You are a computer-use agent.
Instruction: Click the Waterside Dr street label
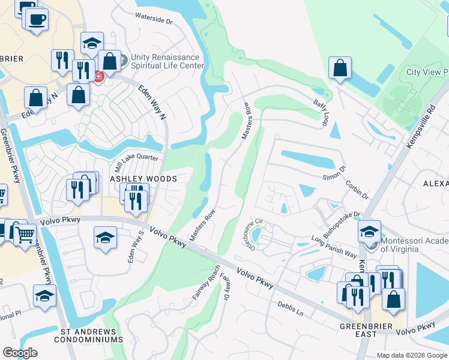pyautogui.click(x=154, y=19)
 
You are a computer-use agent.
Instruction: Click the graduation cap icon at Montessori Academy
pyautogui.click(x=370, y=232)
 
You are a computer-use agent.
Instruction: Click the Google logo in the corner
pyautogui.click(x=20, y=353)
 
